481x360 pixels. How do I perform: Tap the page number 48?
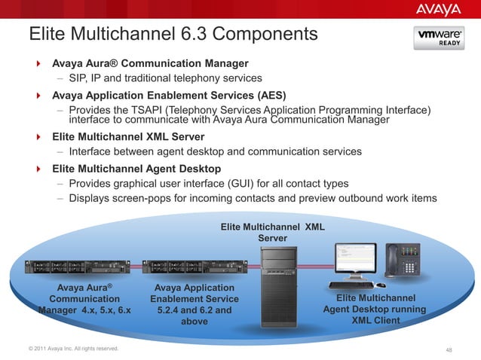click(450, 349)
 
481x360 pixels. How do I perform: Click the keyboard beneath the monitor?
click(351, 285)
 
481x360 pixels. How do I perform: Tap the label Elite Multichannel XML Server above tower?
click(272, 232)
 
